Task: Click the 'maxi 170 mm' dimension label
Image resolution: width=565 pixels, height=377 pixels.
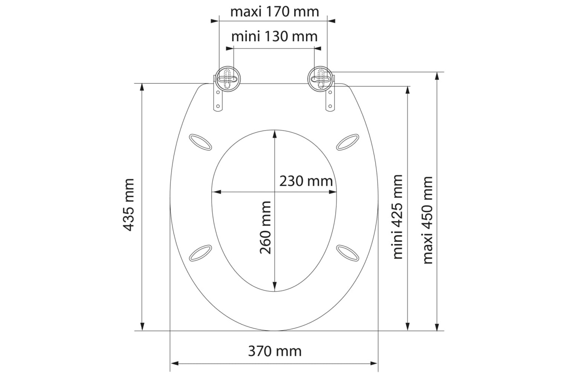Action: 275,12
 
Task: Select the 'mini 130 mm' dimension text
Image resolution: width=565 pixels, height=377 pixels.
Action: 275,37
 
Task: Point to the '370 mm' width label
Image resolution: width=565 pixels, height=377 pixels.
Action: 275,351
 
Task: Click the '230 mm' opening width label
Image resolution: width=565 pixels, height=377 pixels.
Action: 306,181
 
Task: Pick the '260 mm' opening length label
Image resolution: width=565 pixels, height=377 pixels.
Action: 265,227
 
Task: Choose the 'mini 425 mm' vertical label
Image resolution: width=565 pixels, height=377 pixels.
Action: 397,217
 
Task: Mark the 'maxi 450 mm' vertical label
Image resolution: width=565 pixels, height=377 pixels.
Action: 428,220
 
